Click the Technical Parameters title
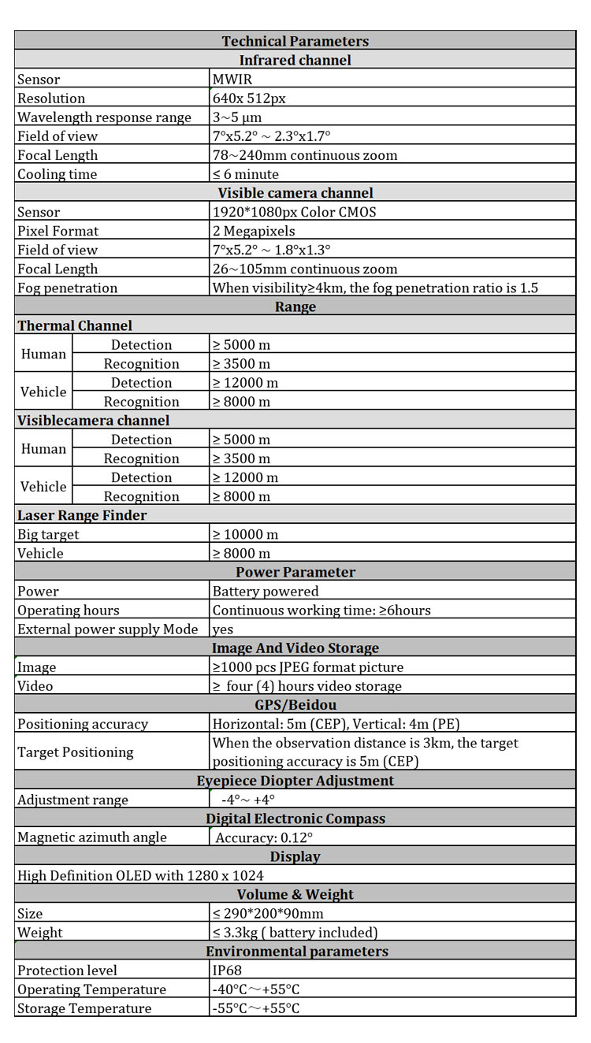(x=295, y=41)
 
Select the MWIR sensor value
(x=232, y=80)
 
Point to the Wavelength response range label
(x=104, y=117)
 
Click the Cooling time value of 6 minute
(x=246, y=174)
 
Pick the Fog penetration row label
(x=67, y=288)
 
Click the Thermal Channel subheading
(x=75, y=325)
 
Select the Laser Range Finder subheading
(x=82, y=515)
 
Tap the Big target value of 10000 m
(x=245, y=534)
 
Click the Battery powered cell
(x=266, y=591)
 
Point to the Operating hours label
(x=69, y=610)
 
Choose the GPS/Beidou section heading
(x=295, y=705)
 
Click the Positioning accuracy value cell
(x=336, y=724)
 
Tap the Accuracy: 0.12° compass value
(x=264, y=837)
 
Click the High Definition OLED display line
(x=140, y=875)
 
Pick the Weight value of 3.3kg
(x=295, y=932)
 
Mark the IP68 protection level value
(x=228, y=970)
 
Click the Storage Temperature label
(x=84, y=1008)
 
